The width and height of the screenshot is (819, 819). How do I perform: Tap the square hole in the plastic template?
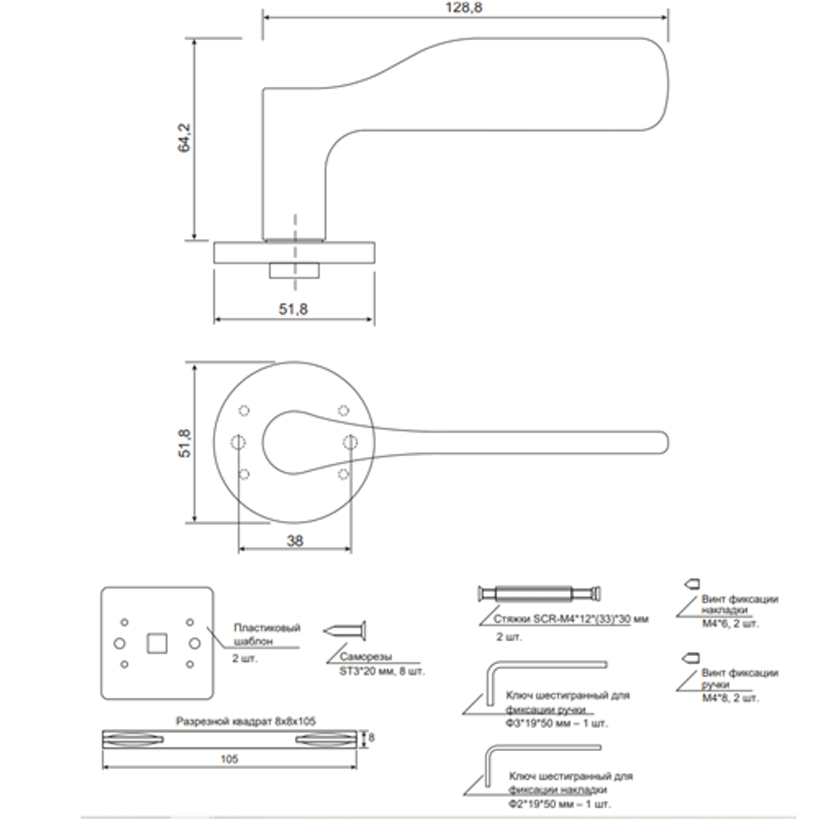pyautogui.click(x=156, y=644)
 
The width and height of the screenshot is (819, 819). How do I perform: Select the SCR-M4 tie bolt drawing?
pyautogui.click(x=541, y=593)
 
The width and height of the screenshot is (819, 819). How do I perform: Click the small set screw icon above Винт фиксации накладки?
pyautogui.click(x=691, y=582)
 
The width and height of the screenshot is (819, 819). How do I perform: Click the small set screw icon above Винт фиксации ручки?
pyautogui.click(x=691, y=657)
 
